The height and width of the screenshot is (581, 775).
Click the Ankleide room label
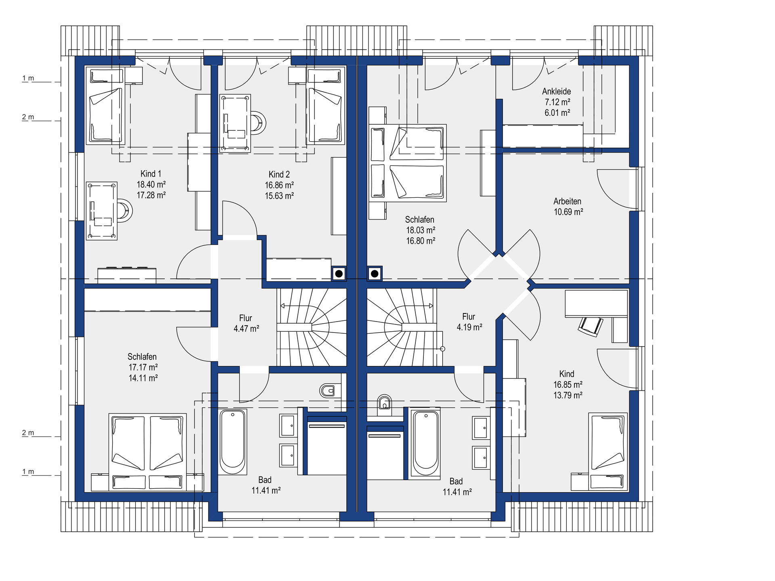click(557, 92)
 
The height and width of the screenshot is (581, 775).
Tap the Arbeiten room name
click(567, 201)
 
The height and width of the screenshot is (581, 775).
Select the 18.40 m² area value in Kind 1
click(151, 184)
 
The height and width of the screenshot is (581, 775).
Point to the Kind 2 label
click(279, 174)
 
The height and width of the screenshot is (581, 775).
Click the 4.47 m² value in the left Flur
click(246, 328)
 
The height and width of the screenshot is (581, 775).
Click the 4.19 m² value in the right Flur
click(469, 327)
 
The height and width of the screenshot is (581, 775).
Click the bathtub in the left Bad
click(232, 442)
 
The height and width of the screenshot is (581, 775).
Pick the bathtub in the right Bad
click(425, 443)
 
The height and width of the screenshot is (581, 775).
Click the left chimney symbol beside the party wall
click(339, 274)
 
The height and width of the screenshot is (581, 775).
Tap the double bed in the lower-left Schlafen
click(148, 452)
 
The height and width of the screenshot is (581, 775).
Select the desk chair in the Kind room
click(591, 326)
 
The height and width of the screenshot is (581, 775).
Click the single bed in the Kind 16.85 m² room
click(608, 451)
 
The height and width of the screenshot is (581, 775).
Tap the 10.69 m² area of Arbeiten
click(568, 212)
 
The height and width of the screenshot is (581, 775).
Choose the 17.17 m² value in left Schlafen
click(143, 367)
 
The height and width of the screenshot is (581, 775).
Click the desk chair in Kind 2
click(258, 123)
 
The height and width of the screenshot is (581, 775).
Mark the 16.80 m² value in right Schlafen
click(421, 241)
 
